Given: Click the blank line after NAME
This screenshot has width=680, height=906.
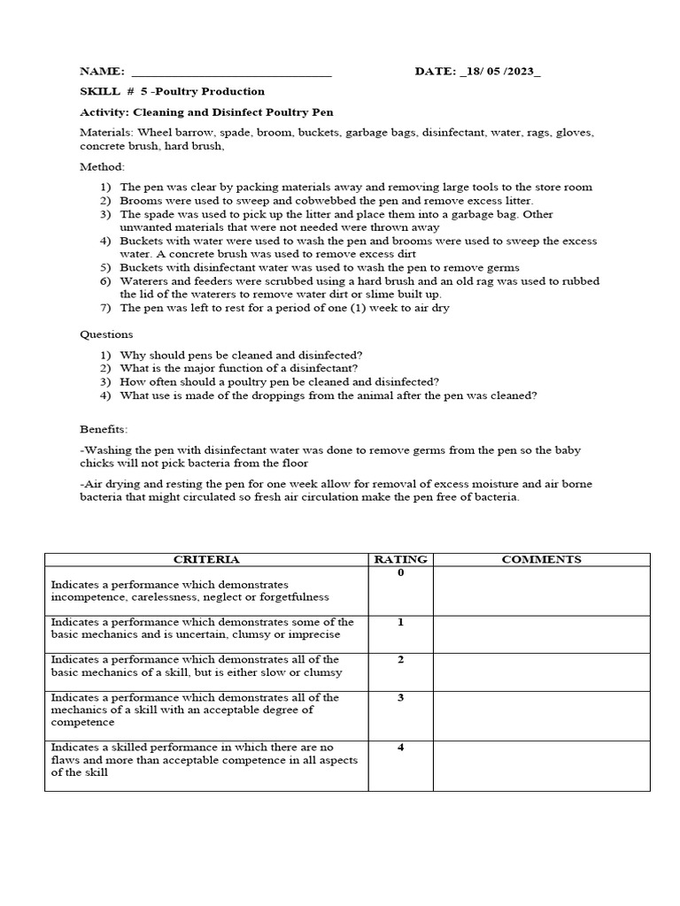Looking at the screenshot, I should click(x=230, y=73).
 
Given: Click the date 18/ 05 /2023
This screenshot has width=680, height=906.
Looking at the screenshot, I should click(x=501, y=72).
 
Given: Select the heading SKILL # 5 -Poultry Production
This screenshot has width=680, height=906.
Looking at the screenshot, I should click(x=172, y=91).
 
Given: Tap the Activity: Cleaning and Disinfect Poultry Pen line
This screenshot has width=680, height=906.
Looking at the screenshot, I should click(x=206, y=112).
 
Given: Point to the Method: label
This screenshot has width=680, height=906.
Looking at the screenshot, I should click(x=103, y=166).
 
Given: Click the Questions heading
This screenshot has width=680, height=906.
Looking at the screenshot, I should click(x=106, y=334).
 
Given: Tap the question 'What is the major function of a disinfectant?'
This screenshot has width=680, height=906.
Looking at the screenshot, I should click(x=239, y=368).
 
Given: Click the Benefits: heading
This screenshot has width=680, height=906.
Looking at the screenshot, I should click(x=104, y=429).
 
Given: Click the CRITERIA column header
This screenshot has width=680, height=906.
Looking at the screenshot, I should click(x=206, y=559).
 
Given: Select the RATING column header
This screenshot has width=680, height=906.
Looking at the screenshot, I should click(x=400, y=559).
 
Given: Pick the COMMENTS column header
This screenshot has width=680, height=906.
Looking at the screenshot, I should click(x=541, y=559).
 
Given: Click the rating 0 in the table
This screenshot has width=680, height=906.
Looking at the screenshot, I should click(x=400, y=573).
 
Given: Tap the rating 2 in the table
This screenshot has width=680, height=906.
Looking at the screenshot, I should click(x=400, y=660).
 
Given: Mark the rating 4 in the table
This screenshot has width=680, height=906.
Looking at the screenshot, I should click(x=400, y=748).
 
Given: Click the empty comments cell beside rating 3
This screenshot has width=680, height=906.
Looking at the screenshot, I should click(x=541, y=715).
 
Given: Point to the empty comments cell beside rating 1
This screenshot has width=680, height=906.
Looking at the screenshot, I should click(x=541, y=634).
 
